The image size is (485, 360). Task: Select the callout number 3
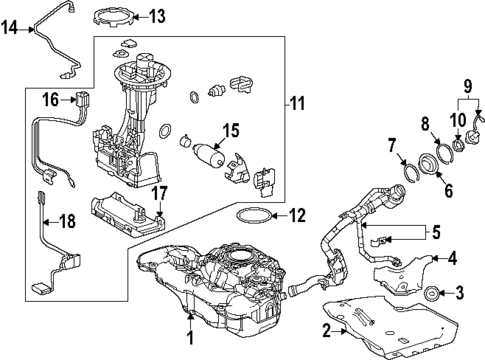(x=461, y=293)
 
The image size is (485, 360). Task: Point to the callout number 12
(x=295, y=214)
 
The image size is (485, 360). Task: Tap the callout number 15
(x=230, y=130)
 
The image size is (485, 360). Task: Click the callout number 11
(x=296, y=103)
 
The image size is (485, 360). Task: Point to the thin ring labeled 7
(x=409, y=166)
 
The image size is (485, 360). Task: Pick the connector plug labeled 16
(x=83, y=100)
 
